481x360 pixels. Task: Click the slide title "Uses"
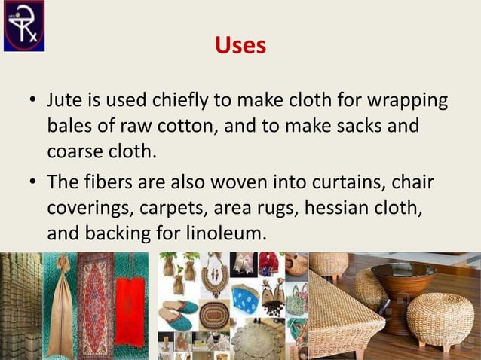(x=240, y=46)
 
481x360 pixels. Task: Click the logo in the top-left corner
(x=23, y=25)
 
